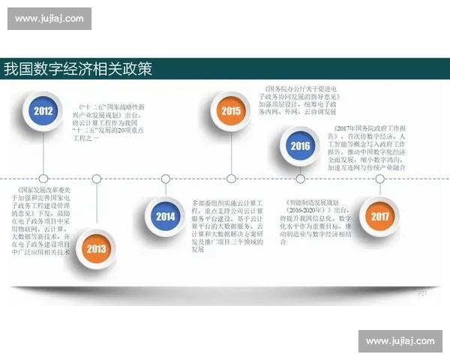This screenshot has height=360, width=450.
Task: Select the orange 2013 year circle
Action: pos(97,247)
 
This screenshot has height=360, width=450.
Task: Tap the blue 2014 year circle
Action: pos(165,217)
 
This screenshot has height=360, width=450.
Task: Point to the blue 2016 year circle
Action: pos(300,145)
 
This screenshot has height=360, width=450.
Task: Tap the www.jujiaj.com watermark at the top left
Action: pos(51,18)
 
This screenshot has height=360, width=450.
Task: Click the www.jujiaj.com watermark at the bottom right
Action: pos(399,341)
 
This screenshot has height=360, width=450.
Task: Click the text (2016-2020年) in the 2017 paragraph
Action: pos(307,211)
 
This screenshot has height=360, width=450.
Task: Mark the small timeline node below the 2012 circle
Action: pos(43,178)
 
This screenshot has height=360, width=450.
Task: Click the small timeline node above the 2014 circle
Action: pos(165,178)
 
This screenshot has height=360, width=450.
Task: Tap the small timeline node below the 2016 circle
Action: pos(300,178)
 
